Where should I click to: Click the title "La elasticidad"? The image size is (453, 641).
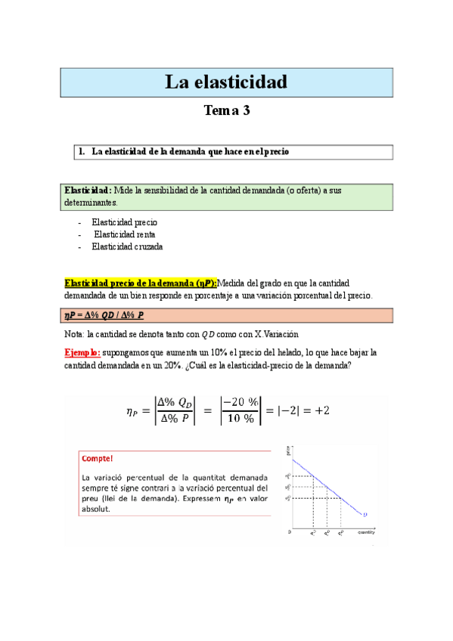pyautogui.click(x=226, y=82)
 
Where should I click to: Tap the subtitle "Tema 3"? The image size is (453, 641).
pyautogui.click(x=226, y=111)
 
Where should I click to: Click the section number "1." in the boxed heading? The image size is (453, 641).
pyautogui.click(x=82, y=152)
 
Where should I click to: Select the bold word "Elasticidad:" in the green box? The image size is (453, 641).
pyautogui.click(x=88, y=190)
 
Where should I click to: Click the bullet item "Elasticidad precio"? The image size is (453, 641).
pyautogui.click(x=124, y=222)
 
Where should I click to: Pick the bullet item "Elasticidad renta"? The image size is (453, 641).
pyautogui.click(x=124, y=234)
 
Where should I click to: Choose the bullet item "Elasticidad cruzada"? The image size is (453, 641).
pyautogui.click(x=127, y=246)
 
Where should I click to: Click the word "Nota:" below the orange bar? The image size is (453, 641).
pyautogui.click(x=75, y=334)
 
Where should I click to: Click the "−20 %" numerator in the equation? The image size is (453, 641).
pyautogui.click(x=239, y=404)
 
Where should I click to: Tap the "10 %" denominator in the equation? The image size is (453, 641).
pyautogui.click(x=240, y=419)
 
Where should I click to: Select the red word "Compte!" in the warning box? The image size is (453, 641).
pyautogui.click(x=98, y=458)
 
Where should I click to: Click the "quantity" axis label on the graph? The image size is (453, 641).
pyautogui.click(x=367, y=533)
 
